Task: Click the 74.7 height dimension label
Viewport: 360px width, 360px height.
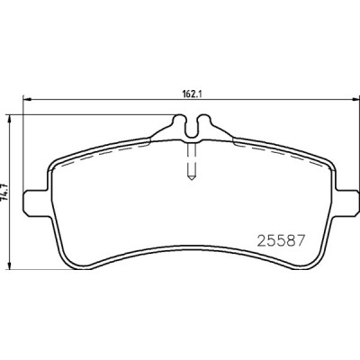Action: tap(4, 192)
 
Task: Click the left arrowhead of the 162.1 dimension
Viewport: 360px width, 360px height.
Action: tap(27, 99)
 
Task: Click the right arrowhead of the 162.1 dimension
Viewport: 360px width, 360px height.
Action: tap(355, 99)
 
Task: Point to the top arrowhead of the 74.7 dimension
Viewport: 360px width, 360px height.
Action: tap(11, 119)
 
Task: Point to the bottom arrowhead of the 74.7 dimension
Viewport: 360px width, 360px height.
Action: tap(11, 265)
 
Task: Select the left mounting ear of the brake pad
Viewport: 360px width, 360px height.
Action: tap(36, 202)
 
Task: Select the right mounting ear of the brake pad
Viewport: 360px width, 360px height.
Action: tap(347, 202)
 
